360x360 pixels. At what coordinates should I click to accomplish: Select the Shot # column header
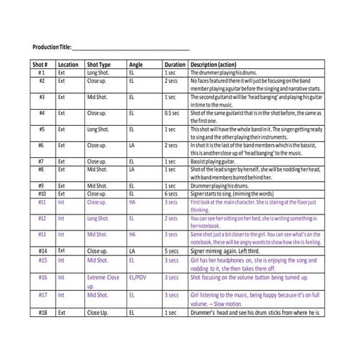[x=41, y=64]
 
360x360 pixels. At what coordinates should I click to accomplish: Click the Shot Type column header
[x=99, y=64]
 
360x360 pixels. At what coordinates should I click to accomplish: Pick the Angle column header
[x=136, y=64]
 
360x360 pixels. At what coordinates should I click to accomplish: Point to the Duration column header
[x=175, y=64]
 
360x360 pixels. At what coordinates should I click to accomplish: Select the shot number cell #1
[x=41, y=73]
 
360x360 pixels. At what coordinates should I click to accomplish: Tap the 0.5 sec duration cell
[x=172, y=113]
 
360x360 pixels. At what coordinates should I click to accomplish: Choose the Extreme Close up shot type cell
[x=103, y=277]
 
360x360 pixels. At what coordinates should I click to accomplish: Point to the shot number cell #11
[x=41, y=201]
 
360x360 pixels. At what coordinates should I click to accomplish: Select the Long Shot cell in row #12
[x=99, y=217]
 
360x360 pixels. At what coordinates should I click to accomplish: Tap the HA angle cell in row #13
[x=132, y=234]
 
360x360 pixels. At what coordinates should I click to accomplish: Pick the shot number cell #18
[x=41, y=312]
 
